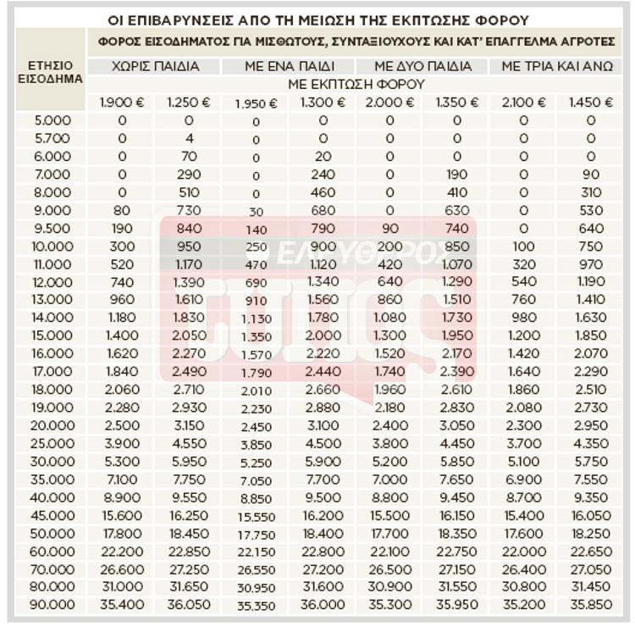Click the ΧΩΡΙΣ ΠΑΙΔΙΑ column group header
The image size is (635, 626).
pos(155,66)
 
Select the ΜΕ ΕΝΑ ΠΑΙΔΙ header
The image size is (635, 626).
pos(288,66)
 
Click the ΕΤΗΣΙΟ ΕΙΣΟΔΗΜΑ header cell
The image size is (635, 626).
pos(51,72)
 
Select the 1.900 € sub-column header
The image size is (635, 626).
pos(122,102)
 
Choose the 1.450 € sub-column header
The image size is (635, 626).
pos(591,102)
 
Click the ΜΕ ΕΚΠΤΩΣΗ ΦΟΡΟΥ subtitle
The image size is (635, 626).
pos(356,84)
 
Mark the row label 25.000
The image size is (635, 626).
pos(52,443)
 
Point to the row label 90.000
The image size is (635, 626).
pos(52,605)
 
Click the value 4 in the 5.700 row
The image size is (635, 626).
pos(190,138)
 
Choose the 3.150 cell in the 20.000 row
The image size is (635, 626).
pos(188,425)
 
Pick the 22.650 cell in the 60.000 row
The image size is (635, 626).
pos(591,551)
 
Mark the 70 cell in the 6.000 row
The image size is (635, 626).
pos(189,156)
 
